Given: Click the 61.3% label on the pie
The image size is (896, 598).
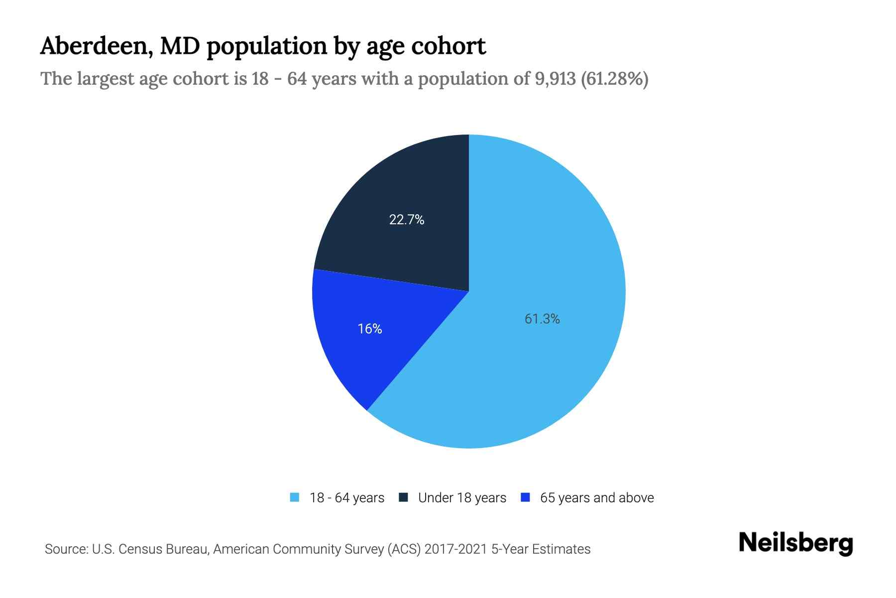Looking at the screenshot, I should coord(542,319).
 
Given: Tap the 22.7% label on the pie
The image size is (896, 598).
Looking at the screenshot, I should coord(407,220).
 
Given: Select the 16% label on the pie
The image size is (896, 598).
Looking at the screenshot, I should coord(370,329).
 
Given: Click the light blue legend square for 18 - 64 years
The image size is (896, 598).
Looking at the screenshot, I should coord(295,497).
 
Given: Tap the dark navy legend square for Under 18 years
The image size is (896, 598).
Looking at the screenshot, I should coord(403,497).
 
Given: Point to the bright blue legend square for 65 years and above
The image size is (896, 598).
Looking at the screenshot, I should coord(525,497).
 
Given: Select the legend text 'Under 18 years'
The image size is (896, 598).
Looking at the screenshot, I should coord(462,498).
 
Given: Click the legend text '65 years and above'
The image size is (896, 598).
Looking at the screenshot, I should coord(597,498).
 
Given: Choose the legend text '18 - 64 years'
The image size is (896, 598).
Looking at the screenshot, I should coord(347,498).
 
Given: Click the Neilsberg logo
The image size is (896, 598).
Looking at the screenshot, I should coord(795,543).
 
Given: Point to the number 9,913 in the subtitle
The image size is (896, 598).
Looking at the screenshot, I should coord(555,79).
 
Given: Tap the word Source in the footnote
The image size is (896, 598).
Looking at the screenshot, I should coord(65,549).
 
